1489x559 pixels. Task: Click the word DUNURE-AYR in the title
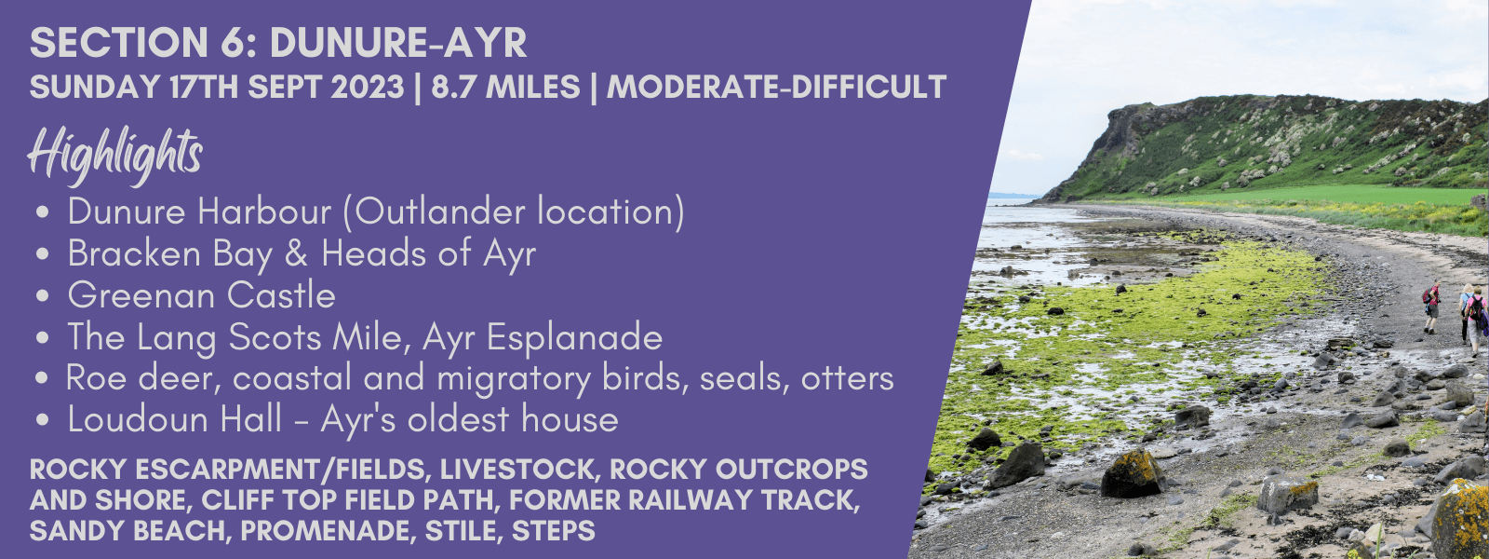(398, 43)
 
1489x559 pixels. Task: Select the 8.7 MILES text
(505, 88)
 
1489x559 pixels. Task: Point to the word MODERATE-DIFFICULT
(776, 88)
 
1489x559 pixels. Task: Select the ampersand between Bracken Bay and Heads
(297, 254)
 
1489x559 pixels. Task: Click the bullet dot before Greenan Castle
(44, 296)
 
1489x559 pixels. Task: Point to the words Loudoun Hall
(175, 420)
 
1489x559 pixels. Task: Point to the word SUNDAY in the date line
(95, 88)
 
